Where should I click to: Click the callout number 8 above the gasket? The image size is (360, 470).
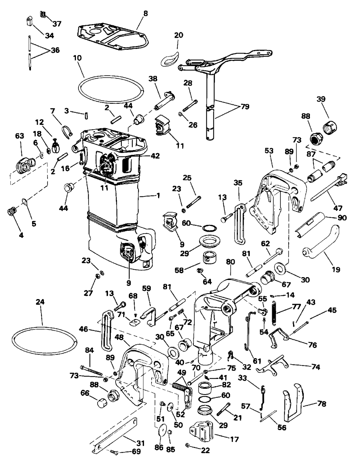(x=145, y=13)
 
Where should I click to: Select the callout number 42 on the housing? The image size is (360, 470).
(x=155, y=156)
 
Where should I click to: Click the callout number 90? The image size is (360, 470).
(x=342, y=218)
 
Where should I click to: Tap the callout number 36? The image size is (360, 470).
(x=55, y=50)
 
